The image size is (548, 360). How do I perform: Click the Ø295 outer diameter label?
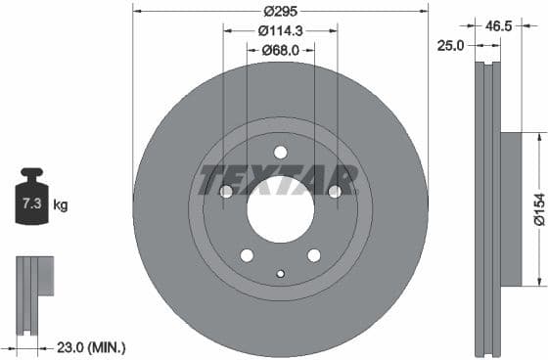(280, 11)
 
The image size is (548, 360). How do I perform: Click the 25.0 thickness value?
(452, 45)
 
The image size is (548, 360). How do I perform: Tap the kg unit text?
(61, 205)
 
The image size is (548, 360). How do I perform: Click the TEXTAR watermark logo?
(278, 180)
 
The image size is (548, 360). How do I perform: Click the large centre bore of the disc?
(280, 212)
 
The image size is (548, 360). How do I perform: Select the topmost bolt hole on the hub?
(280, 152)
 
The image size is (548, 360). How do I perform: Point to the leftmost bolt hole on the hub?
(226, 192)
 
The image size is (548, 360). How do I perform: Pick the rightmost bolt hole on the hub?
(335, 192)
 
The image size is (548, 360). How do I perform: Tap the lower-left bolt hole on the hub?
(247, 255)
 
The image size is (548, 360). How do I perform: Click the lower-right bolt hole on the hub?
(313, 255)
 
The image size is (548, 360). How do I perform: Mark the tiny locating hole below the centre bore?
(280, 274)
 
